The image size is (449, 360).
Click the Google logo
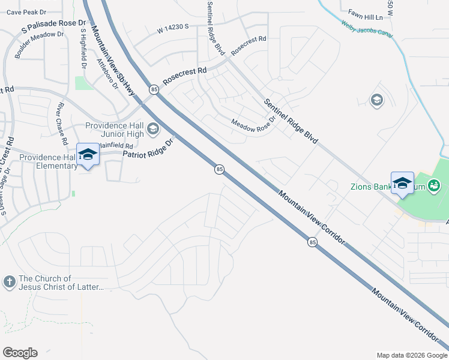(x=20, y=353)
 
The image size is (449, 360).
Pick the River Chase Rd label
(x=61, y=124)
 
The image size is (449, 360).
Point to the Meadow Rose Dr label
(x=253, y=122)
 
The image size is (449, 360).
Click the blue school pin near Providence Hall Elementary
(x=88, y=155)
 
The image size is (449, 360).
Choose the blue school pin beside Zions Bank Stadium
(x=402, y=182)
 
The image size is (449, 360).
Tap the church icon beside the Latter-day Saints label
(x=10, y=281)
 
